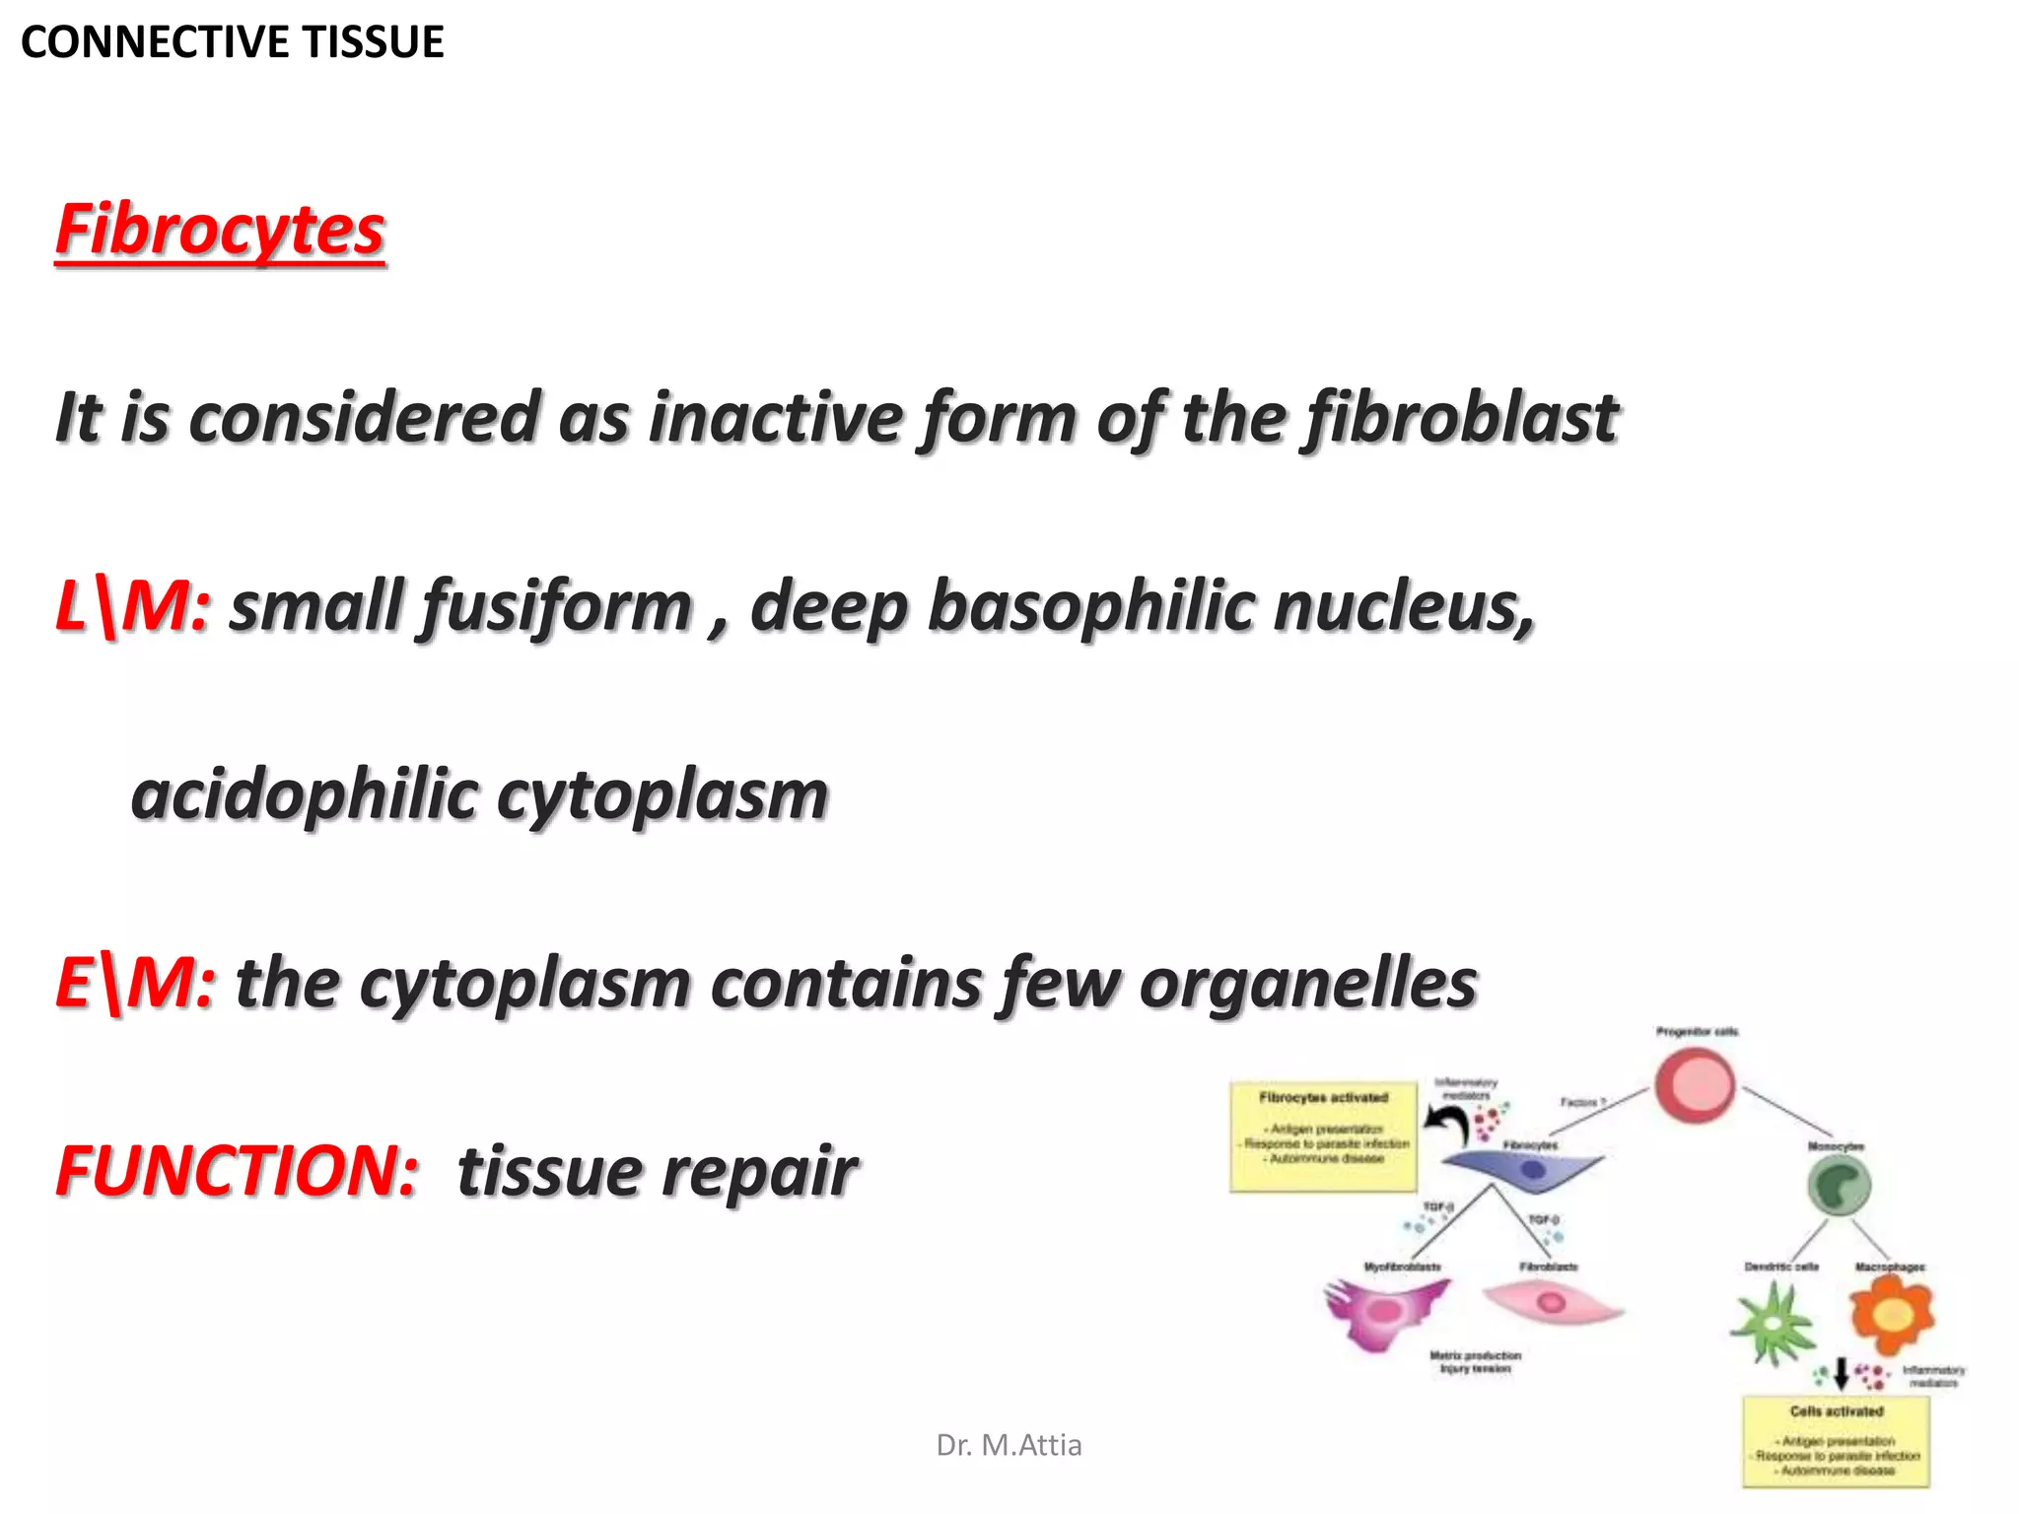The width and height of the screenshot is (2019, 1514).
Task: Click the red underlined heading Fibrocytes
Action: [220, 230]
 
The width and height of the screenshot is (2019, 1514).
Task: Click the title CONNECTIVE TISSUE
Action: [233, 42]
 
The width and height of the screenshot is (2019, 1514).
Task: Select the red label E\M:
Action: [135, 983]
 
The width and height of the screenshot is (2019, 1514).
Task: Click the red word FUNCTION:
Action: [238, 1171]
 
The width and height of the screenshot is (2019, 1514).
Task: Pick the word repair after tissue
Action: [758, 1171]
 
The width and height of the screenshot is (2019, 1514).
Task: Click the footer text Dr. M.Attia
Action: [1009, 1445]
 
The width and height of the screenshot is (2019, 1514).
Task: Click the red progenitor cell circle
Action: [1695, 1084]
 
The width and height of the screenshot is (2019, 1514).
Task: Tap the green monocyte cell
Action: [1839, 1186]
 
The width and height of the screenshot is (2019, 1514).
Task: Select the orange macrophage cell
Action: [1891, 1314]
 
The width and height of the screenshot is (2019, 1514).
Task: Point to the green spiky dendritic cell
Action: [1774, 1326]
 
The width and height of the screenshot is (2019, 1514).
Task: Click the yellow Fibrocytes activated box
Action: [1323, 1136]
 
